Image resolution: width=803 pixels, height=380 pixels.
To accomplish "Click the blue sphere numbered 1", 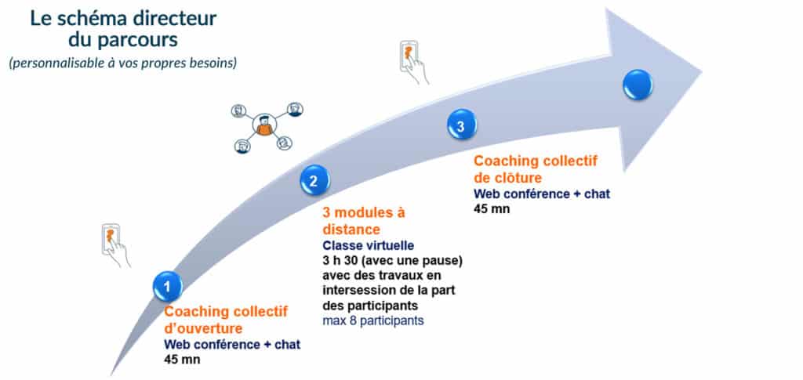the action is point(168,287).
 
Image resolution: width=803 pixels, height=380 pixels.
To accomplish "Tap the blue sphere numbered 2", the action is point(315,180).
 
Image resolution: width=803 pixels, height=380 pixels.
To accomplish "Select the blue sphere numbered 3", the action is point(462,125).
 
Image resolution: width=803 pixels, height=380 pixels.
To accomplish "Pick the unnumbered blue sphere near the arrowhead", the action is point(638,85).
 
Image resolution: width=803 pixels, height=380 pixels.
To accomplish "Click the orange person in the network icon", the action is point(264,126).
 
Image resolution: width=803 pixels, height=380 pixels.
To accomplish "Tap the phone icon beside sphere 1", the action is point(114,244).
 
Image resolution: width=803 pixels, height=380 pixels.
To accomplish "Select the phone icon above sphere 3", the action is point(412,62).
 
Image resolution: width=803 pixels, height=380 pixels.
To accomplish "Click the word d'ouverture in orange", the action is point(203,328).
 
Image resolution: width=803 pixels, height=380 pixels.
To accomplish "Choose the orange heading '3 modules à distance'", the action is point(364,220).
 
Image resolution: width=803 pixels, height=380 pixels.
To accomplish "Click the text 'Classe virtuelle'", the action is point(369,245).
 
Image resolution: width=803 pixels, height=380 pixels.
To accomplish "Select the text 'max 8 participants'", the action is point(373,321).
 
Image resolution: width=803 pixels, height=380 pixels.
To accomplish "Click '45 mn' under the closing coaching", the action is point(492,208).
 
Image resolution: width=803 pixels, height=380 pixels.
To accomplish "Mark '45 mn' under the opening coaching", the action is point(182,359).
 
